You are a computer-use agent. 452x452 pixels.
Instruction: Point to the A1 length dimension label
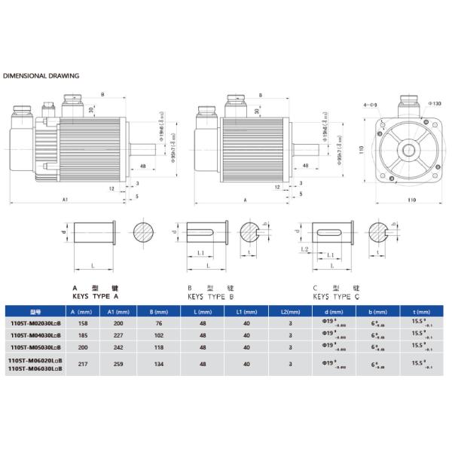65,200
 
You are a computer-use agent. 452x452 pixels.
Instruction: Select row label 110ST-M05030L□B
35,347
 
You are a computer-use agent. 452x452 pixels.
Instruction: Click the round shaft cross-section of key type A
142,231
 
